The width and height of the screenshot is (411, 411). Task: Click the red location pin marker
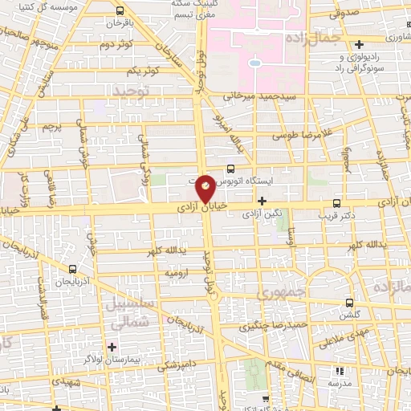tap(205, 189)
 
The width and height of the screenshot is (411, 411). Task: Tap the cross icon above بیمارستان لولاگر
tap(111, 348)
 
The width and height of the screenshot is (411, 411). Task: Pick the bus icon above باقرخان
tap(120, 11)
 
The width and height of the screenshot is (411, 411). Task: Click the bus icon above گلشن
tap(348, 303)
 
